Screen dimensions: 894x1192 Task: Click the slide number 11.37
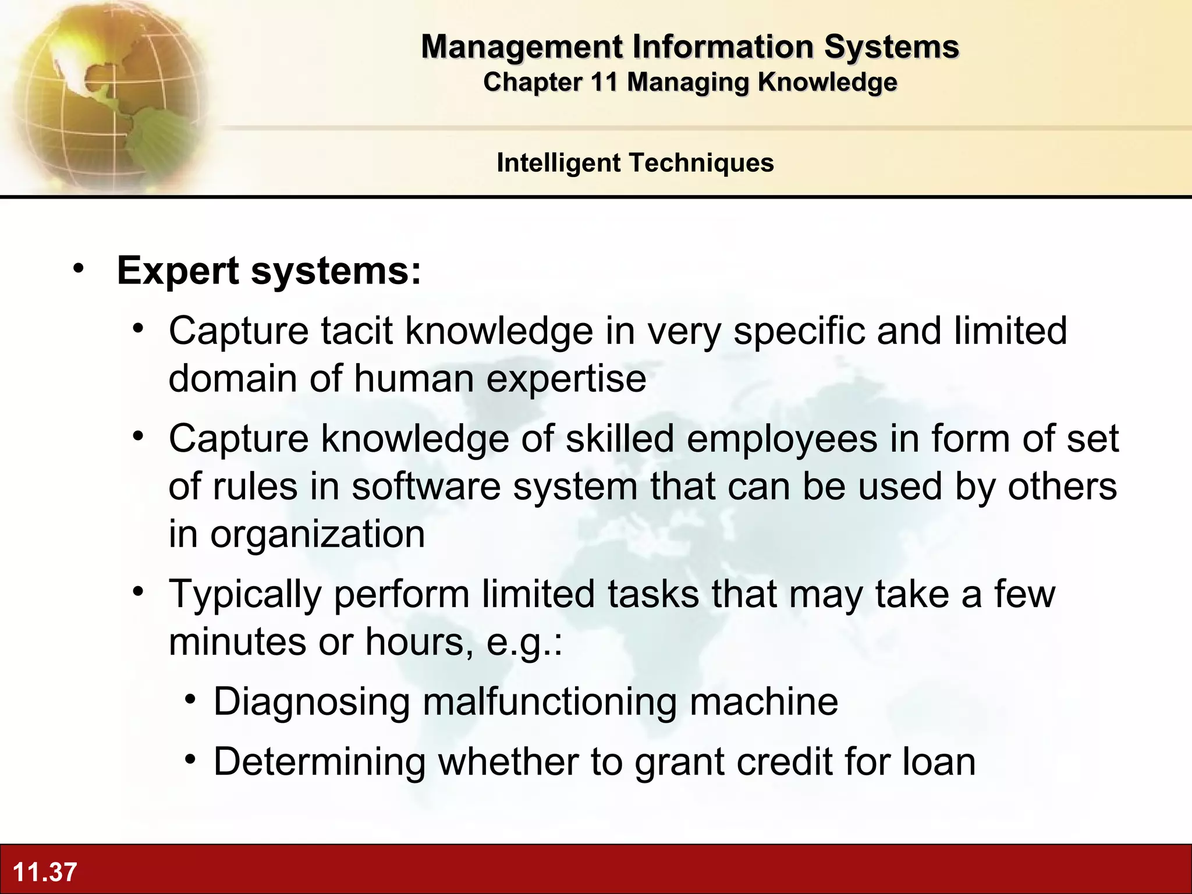coord(45,872)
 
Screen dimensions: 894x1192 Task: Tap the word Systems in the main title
coord(891,47)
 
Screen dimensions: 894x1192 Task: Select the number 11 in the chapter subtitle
coord(604,82)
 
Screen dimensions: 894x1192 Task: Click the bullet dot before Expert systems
coord(79,269)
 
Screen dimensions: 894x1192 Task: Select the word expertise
coord(566,378)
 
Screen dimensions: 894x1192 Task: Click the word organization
coord(317,534)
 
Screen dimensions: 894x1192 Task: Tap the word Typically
coord(245,594)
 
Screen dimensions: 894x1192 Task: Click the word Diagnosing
coord(312,701)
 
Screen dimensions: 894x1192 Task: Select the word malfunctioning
coord(549,701)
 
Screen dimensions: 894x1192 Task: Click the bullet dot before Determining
coord(190,759)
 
